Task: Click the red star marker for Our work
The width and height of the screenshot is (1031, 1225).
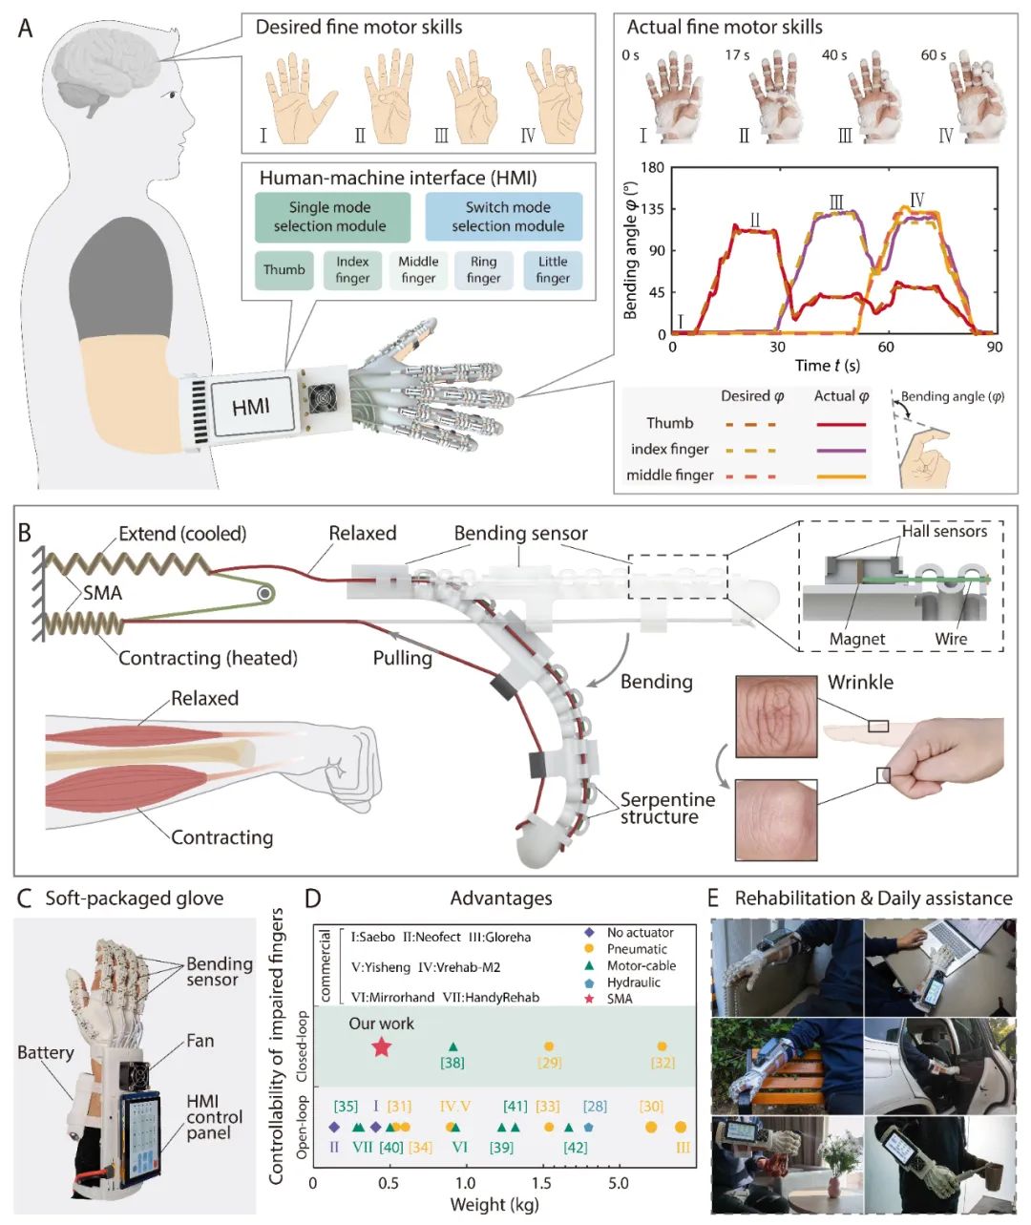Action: [381, 1046]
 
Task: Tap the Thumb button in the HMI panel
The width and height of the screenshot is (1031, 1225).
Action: [284, 270]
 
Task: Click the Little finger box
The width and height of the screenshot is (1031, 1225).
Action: [553, 270]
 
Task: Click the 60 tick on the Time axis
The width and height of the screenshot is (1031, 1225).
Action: [887, 347]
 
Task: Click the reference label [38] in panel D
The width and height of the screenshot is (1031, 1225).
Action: [452, 1063]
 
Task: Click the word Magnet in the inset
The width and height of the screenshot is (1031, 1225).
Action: [857, 639]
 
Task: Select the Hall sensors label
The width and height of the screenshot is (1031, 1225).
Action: [944, 532]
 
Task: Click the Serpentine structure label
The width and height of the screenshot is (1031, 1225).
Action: [667, 808]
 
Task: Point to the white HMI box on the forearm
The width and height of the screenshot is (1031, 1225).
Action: [251, 408]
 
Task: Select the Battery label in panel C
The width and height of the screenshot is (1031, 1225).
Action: [45, 1052]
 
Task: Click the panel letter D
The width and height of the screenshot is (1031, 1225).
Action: [312, 898]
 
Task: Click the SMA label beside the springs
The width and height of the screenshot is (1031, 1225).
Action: [102, 593]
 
